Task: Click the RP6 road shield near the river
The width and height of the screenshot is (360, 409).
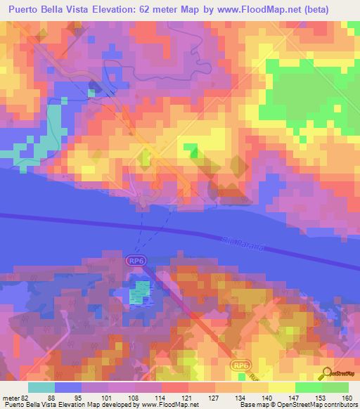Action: (136, 261)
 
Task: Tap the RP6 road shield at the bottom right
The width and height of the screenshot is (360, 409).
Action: (241, 365)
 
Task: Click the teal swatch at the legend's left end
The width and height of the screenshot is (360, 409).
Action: (41, 387)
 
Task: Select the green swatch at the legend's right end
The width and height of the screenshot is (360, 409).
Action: (335, 387)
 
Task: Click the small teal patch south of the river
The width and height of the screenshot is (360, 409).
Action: (141, 292)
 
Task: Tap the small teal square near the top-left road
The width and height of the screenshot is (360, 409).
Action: (91, 91)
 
